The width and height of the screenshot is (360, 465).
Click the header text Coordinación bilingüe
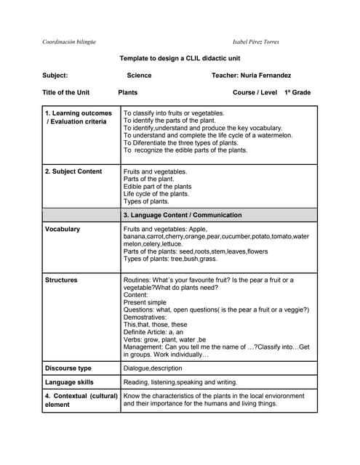point(69,41)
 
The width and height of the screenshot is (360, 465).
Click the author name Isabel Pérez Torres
point(255,41)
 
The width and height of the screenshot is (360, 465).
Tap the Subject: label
point(55,75)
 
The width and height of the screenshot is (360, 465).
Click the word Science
point(139,75)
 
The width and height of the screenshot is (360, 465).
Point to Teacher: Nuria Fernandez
point(251,75)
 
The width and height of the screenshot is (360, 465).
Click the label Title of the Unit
point(66,92)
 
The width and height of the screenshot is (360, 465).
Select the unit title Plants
point(128,92)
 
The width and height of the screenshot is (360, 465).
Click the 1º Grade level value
point(297,92)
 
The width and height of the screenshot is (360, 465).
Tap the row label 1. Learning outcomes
point(79,113)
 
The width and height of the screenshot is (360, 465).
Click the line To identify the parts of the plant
point(169,121)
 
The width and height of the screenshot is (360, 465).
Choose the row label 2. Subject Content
point(73,171)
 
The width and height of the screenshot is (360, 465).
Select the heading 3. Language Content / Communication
point(183,215)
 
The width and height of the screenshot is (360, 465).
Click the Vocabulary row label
point(63,229)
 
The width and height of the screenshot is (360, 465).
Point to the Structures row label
point(61,280)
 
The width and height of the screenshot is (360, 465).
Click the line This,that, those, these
point(155,325)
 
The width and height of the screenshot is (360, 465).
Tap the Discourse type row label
point(68,368)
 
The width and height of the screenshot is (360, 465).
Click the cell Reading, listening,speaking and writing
point(180,382)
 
